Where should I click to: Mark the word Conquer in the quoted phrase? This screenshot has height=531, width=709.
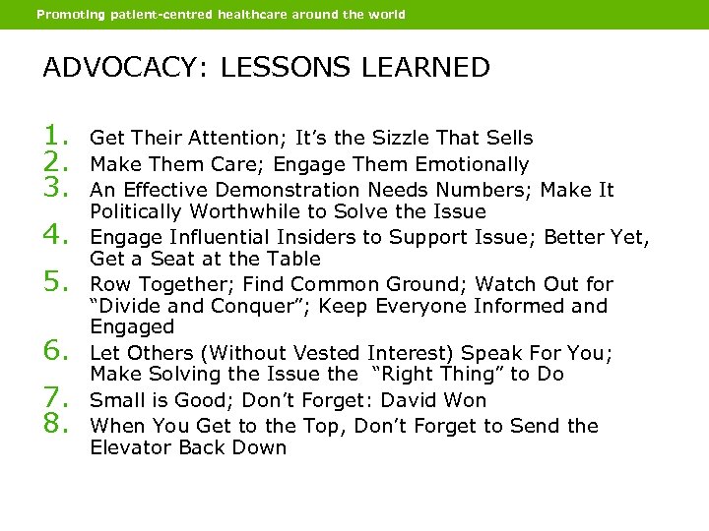click(x=242, y=306)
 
